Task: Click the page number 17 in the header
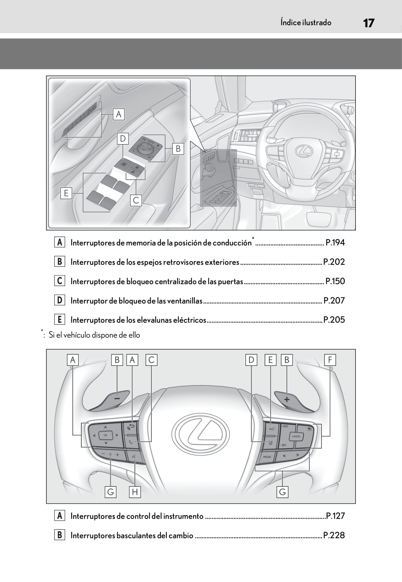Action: pyautogui.click(x=368, y=23)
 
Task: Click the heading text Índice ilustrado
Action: pyautogui.click(x=306, y=23)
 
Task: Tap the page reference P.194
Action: pyautogui.click(x=335, y=242)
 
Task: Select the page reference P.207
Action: pyautogui.click(x=334, y=301)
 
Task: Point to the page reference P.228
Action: pyautogui.click(x=334, y=535)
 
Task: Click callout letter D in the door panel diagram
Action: pyautogui.click(x=123, y=139)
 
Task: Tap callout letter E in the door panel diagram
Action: pyautogui.click(x=66, y=193)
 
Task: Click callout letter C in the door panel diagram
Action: pyautogui.click(x=136, y=200)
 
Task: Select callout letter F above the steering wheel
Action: pyautogui.click(x=330, y=360)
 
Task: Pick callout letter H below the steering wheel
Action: pyautogui.click(x=134, y=492)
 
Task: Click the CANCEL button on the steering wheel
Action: pyautogui.click(x=296, y=436)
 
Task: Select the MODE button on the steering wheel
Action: pyautogui.click(x=267, y=457)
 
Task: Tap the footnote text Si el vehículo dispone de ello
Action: pyautogui.click(x=94, y=335)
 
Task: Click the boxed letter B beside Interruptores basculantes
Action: pyautogui.click(x=59, y=535)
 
